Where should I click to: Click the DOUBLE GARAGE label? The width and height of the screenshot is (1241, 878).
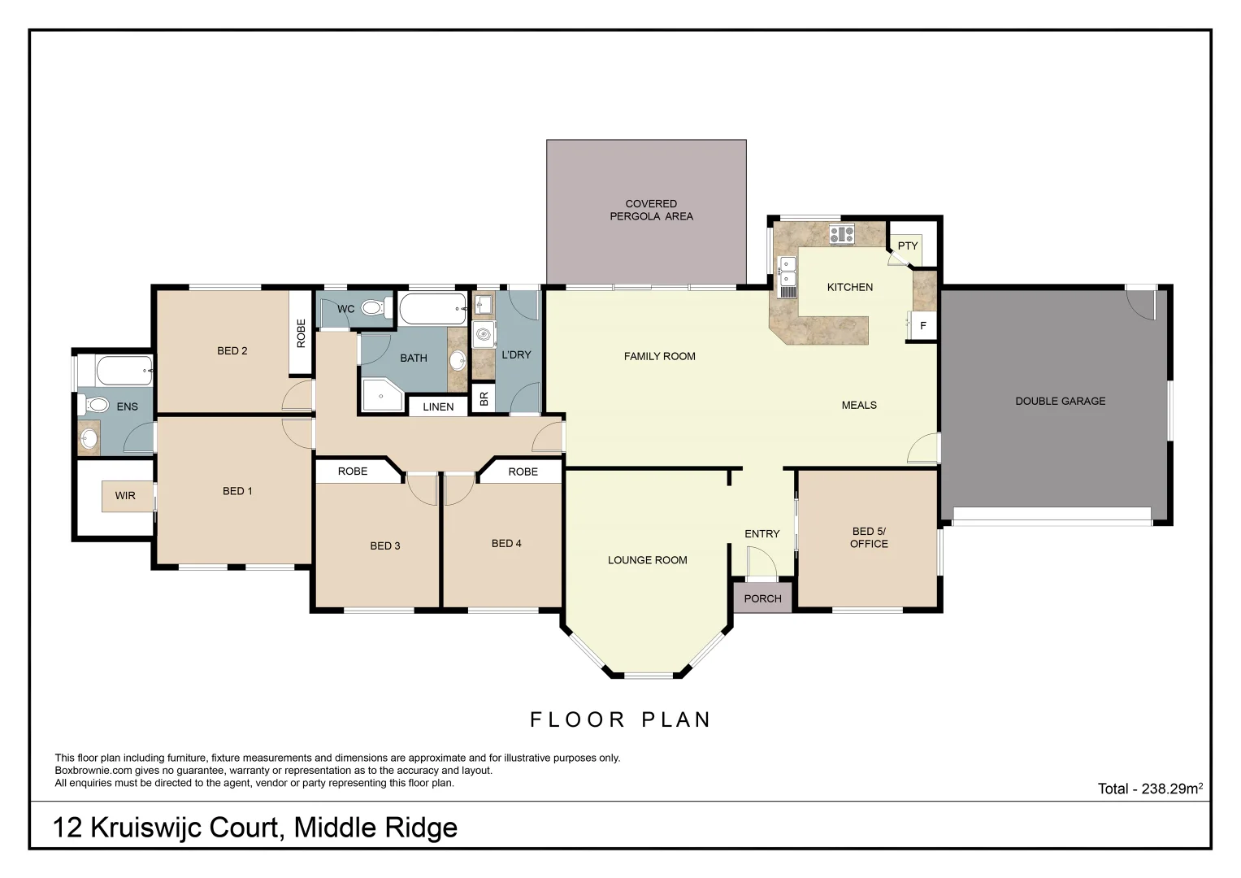click(x=1060, y=401)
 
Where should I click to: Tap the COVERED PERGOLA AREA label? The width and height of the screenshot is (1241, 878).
click(x=651, y=210)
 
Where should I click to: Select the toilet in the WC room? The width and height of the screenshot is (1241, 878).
click(x=373, y=308)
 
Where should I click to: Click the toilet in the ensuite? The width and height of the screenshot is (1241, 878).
click(x=97, y=404)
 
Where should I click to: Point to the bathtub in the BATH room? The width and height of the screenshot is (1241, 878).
click(x=432, y=309)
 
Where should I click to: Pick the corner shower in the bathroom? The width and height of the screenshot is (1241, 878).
click(x=380, y=396)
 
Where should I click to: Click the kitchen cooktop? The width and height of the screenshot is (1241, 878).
click(x=841, y=234)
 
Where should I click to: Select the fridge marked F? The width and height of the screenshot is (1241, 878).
click(x=922, y=325)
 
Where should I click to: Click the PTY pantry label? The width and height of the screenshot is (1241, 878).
click(x=907, y=246)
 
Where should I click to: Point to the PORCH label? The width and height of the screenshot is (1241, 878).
click(x=762, y=598)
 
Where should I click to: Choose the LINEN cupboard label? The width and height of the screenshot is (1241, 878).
click(x=438, y=406)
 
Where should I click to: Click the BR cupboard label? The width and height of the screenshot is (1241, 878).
click(x=484, y=398)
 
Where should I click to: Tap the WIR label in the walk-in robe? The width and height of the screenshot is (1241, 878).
click(x=125, y=495)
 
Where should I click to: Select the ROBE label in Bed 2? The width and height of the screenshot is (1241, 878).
click(x=302, y=333)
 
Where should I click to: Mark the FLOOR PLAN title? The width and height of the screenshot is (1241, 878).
click(x=621, y=719)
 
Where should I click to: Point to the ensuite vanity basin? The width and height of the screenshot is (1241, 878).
click(x=89, y=440)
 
